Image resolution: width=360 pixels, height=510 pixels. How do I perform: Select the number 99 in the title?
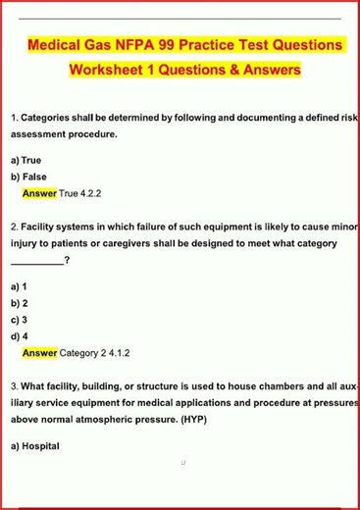click(182, 45)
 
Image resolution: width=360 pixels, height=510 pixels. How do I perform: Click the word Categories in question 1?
click(50, 118)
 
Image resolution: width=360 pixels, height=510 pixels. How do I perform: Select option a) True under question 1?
click(26, 160)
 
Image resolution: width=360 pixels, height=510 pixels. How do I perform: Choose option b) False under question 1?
click(28, 178)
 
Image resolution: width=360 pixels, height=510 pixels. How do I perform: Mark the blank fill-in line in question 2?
click(36, 261)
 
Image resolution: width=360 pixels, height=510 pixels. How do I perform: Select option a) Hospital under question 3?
click(35, 446)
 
